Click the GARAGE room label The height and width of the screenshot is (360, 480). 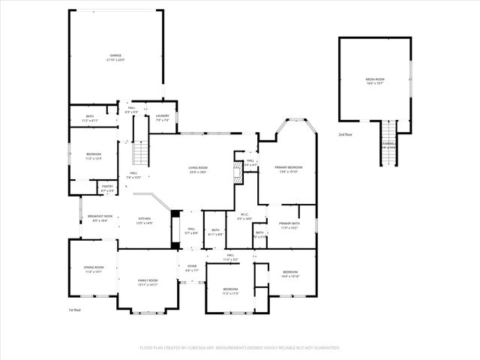click(x=116, y=55)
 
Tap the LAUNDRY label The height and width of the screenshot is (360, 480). click(x=163, y=115)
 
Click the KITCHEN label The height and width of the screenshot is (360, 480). click(x=144, y=219)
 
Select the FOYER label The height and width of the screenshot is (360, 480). click(x=192, y=265)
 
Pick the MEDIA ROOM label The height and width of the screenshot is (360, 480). click(x=375, y=79)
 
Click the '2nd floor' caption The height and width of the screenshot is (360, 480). click(x=346, y=135)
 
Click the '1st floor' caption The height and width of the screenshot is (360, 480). click(x=75, y=309)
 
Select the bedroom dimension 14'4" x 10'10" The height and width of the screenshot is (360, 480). click(x=290, y=277)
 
